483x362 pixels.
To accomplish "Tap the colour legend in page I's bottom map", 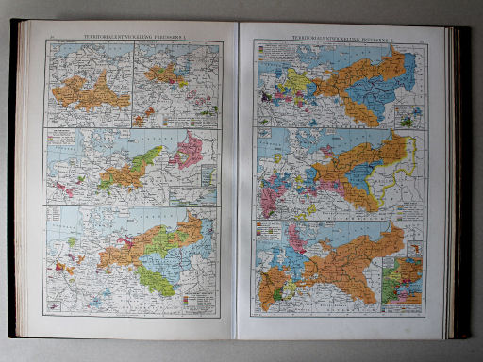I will [199, 300].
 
